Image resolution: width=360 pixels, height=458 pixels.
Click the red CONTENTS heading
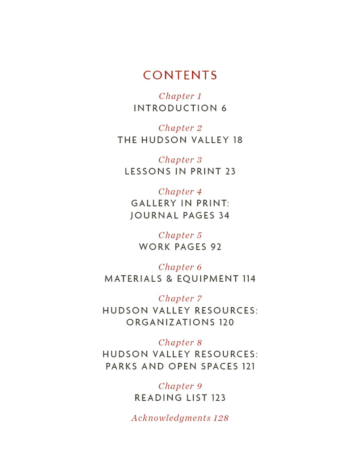180,76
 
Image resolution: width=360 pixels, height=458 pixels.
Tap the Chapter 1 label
180,96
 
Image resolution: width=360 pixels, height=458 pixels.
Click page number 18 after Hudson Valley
237,140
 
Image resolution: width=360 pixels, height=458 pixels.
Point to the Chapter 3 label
180,160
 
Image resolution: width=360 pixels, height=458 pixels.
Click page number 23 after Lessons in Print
230,171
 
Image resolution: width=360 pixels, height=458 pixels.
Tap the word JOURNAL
150,216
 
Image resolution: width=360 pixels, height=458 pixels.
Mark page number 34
224,216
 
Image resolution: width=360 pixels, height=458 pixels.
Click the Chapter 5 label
180,235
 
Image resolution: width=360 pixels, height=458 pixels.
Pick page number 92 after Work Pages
216,247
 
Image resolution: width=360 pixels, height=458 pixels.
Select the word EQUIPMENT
208,279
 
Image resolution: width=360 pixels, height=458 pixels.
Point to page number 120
226,322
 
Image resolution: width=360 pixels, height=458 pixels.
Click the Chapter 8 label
180,343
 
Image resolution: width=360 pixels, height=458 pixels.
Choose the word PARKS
122,366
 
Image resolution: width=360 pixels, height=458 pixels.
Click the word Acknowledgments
170,418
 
